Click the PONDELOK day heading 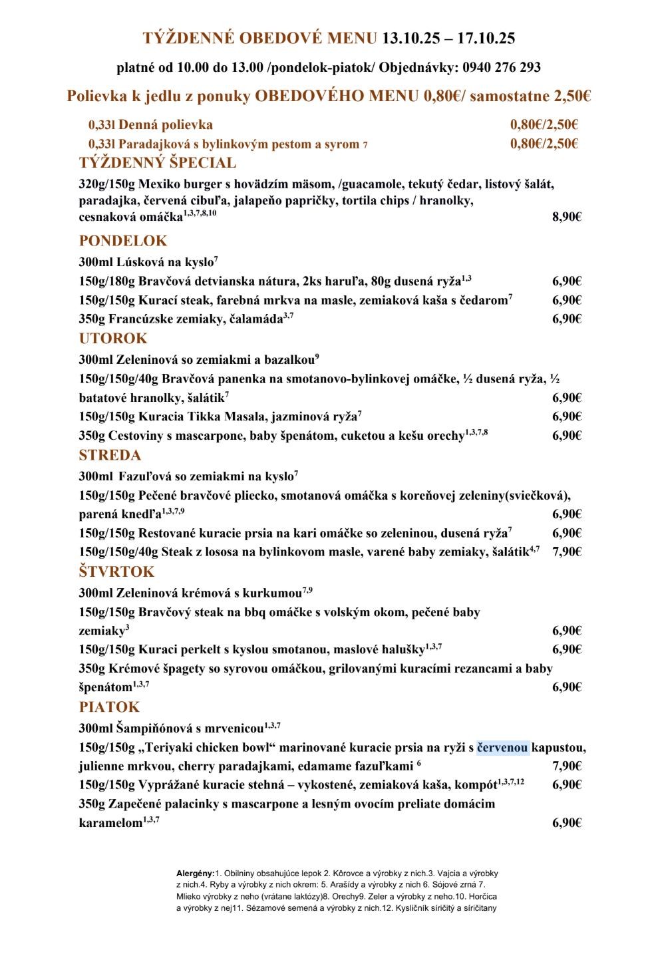(123, 241)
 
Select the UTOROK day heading (113, 339)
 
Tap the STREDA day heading (110, 455)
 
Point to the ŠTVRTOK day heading (116, 571)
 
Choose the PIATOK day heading (109, 707)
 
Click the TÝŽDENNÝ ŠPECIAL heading (158, 163)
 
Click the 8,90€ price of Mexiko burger (567, 217)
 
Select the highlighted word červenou (502, 748)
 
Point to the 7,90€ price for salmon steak (567, 552)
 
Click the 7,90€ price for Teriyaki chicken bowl (567, 766)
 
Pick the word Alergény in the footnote (195, 874)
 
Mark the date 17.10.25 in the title (486, 39)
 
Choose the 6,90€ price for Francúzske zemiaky (567, 319)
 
